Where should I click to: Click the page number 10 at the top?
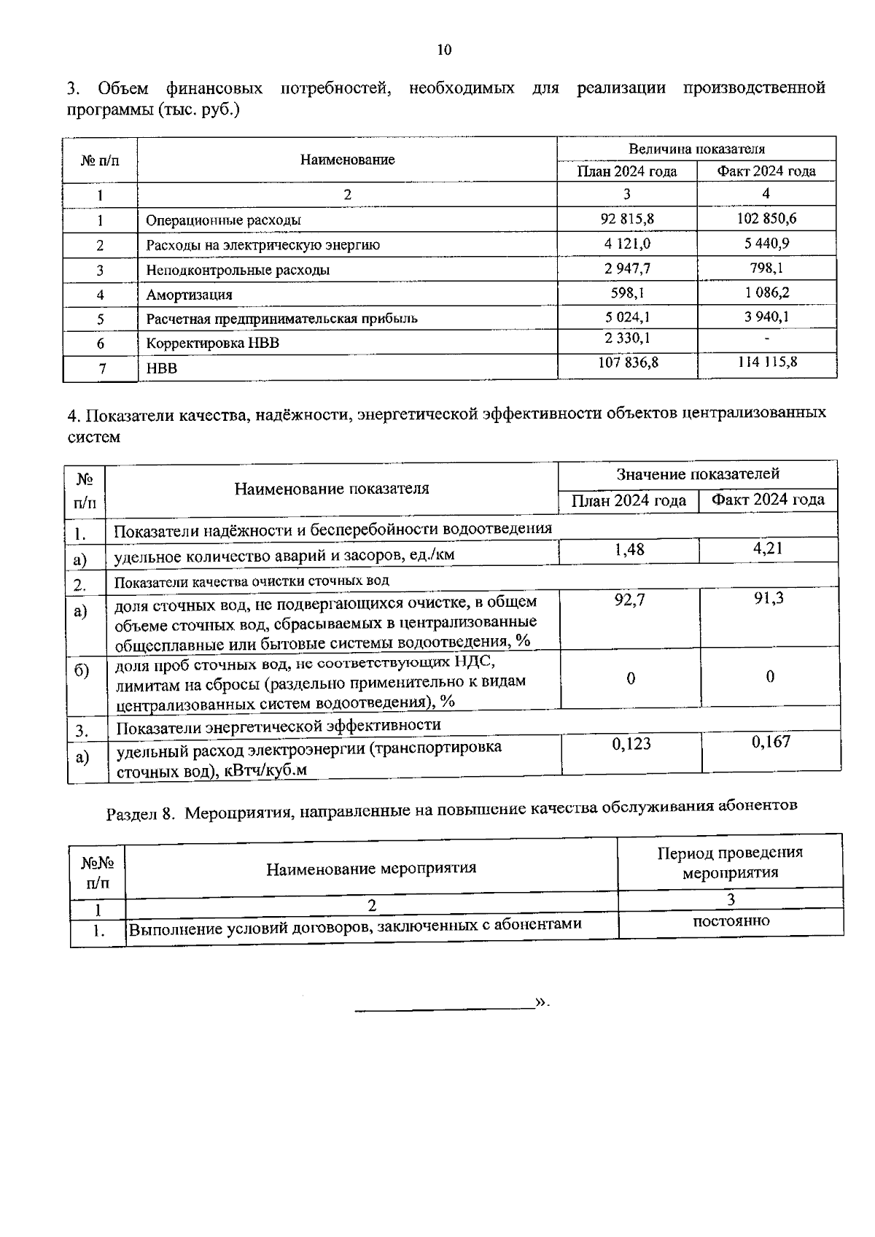click(x=444, y=50)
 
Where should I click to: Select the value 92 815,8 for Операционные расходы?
click(x=627, y=219)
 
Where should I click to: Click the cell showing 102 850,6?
click(x=766, y=218)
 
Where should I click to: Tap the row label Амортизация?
click(x=189, y=295)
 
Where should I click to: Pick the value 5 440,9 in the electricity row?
click(x=766, y=243)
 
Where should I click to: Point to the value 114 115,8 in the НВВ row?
click(x=767, y=362)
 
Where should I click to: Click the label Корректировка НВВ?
click(x=212, y=343)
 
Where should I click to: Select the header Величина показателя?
click(x=696, y=149)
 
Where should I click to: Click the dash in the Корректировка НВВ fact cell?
click(x=766, y=338)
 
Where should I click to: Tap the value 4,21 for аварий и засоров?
click(x=768, y=548)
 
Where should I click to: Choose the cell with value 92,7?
click(x=629, y=600)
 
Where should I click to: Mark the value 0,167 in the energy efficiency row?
click(x=771, y=742)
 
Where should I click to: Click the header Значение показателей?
click(x=698, y=474)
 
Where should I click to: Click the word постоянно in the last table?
click(x=731, y=920)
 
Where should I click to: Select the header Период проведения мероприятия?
click(x=730, y=862)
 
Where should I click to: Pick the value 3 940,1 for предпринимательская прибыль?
click(x=766, y=317)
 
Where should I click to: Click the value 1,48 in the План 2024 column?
click(x=629, y=549)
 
